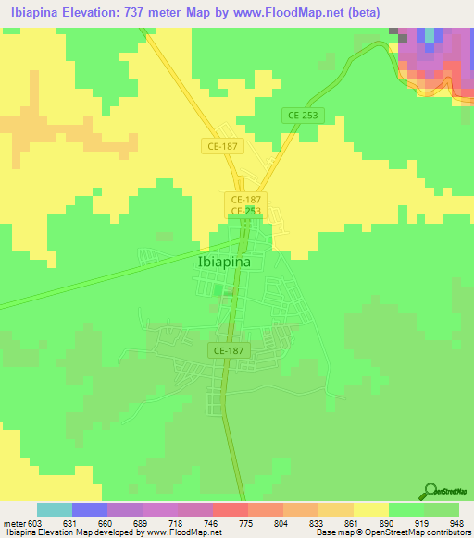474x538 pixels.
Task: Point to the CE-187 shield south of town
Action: click(x=227, y=351)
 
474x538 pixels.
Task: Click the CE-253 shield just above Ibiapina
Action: click(x=245, y=211)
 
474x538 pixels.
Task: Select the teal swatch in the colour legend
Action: click(x=55, y=509)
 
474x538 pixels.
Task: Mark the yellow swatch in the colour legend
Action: click(x=371, y=509)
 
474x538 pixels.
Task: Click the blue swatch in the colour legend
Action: click(x=90, y=509)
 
